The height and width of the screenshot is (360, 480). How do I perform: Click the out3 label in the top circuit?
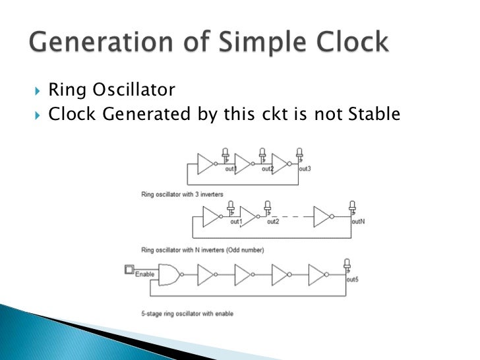click(304, 169)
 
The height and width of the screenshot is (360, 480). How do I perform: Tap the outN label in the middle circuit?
click(358, 222)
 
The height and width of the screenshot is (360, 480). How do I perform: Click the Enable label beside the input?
click(144, 273)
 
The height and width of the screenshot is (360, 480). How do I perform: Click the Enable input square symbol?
click(129, 269)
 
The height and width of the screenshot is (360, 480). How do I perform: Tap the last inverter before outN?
click(323, 216)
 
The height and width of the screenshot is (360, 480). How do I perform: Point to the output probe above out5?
click(347, 264)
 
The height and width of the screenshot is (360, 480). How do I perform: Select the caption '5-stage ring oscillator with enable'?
click(187, 313)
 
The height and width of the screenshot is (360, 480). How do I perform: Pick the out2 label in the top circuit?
click(267, 169)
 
